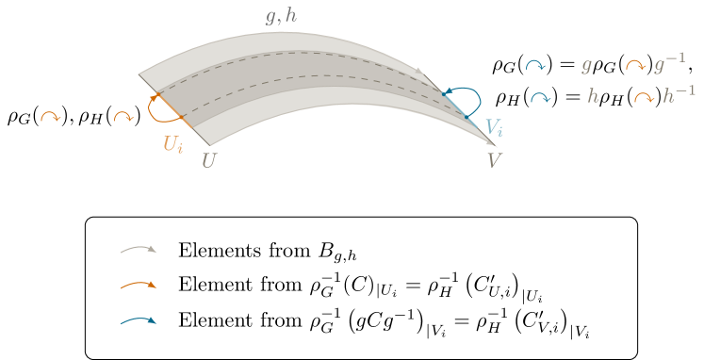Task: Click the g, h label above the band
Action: (281, 16)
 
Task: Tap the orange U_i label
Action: (173, 143)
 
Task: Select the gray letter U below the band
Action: (209, 160)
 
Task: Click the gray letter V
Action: (494, 160)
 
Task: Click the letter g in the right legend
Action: (587, 66)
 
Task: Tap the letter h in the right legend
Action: (593, 96)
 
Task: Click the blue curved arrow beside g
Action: (535, 66)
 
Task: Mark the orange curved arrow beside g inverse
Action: (635, 66)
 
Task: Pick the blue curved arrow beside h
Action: (540, 97)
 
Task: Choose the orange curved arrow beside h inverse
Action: (644, 97)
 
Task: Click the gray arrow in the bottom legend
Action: (138, 250)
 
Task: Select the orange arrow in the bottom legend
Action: (138, 285)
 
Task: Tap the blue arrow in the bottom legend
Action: (138, 321)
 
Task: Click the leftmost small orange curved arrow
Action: (50, 117)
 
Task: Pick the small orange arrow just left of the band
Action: (123, 117)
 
